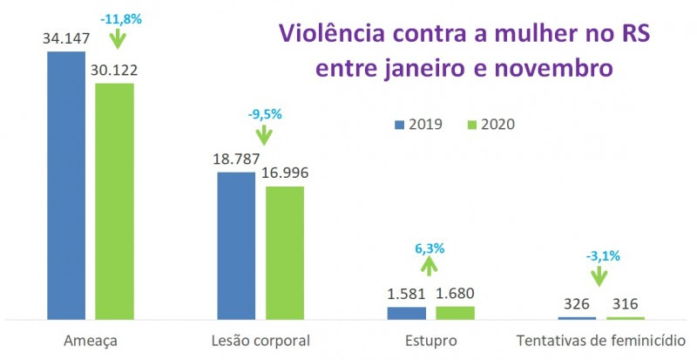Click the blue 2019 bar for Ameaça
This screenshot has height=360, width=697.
pos(66,185)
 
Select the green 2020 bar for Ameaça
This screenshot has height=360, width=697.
pos(114,200)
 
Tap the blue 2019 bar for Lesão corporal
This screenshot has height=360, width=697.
pos(236,245)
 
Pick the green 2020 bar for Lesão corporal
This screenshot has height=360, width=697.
pos(285,252)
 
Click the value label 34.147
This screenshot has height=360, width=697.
pos(66,38)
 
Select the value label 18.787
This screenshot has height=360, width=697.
pos(236,160)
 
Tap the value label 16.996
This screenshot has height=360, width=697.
pos(285,173)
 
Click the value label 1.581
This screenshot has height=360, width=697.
pos(406,294)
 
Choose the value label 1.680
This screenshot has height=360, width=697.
pos(455,294)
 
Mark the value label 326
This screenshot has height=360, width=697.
pos(577,304)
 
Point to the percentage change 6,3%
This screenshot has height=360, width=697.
pos(430,248)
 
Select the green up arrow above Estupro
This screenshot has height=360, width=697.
pos(430,269)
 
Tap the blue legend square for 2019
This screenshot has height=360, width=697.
pos(400,124)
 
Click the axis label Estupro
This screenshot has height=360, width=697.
pos(430,340)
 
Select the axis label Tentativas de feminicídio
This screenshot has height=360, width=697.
pos(600,340)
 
